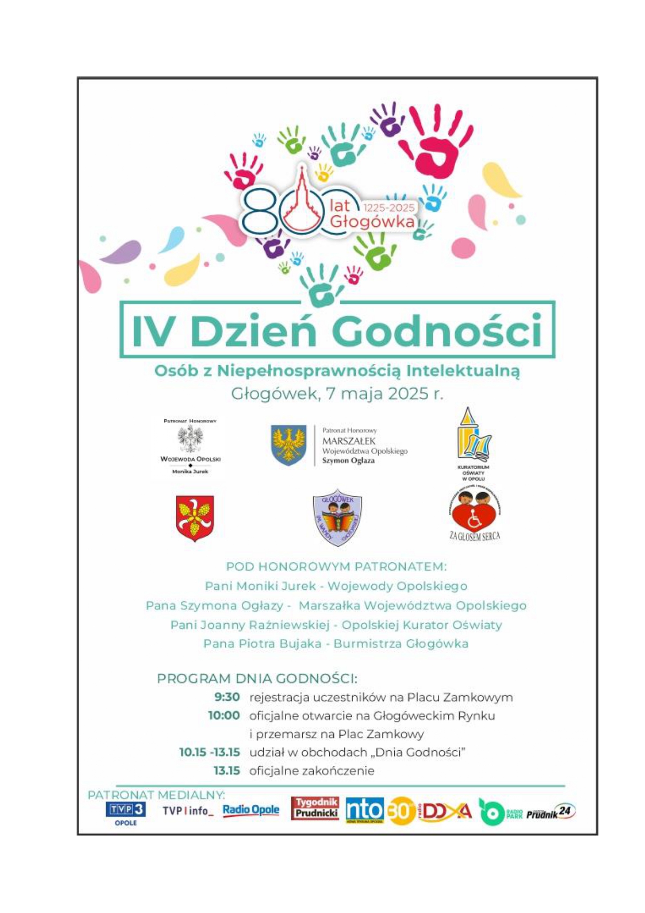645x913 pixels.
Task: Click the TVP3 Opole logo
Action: (x=125, y=813)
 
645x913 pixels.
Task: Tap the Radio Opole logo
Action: (x=251, y=810)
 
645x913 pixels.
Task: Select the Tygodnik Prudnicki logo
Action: (x=315, y=808)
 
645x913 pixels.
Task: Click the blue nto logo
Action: (x=365, y=811)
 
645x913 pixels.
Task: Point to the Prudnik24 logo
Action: (x=551, y=813)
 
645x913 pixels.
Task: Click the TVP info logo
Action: (x=188, y=811)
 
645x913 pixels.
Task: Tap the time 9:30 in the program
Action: (x=227, y=697)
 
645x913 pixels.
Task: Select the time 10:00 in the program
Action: (x=224, y=715)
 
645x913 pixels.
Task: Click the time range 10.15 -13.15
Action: (x=210, y=752)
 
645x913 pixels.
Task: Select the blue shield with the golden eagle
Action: (x=289, y=445)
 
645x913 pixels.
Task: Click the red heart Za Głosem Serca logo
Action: (x=474, y=515)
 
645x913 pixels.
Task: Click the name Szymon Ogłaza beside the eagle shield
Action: (x=348, y=460)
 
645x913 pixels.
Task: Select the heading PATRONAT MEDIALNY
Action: (x=157, y=795)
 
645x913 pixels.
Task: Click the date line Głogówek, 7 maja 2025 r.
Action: (x=337, y=394)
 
